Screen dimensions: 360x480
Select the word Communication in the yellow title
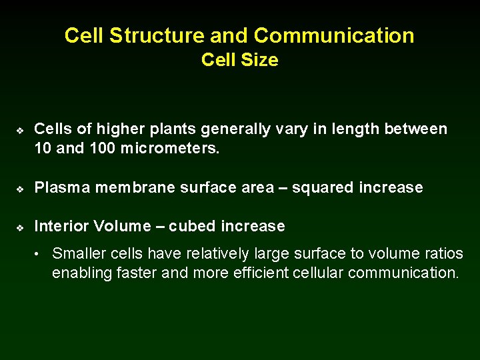(x=334, y=35)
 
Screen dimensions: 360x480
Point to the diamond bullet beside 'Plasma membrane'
(x=21, y=189)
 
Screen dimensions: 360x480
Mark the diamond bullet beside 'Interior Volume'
(x=21, y=227)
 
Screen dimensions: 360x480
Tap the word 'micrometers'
(x=170, y=149)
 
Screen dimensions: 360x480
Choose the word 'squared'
(x=323, y=188)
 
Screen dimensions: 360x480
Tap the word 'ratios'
(x=441, y=253)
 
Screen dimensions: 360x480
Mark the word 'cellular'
(x=321, y=273)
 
